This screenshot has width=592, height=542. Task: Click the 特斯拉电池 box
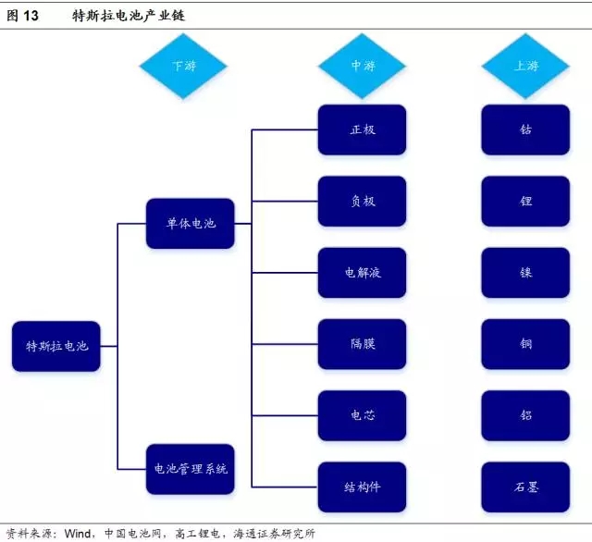point(56,346)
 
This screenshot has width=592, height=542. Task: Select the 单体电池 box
point(190,223)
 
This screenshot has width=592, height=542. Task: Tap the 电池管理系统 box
point(190,469)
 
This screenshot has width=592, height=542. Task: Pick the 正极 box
point(363,129)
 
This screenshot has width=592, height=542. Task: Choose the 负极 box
point(363,201)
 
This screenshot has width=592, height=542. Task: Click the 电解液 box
point(363,273)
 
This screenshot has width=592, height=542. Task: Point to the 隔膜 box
point(363,344)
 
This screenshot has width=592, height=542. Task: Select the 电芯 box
point(363,415)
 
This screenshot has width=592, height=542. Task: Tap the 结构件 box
point(363,487)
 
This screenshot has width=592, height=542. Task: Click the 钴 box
point(525,129)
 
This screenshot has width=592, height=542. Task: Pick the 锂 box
point(525,201)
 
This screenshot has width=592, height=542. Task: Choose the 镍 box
point(525,273)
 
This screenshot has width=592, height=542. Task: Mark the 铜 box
point(525,344)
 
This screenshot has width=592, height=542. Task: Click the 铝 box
point(525,415)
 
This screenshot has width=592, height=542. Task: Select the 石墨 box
point(525,487)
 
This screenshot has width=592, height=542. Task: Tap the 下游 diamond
point(183,66)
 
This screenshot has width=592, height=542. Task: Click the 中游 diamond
point(363,66)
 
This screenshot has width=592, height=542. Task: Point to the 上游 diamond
point(525,66)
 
